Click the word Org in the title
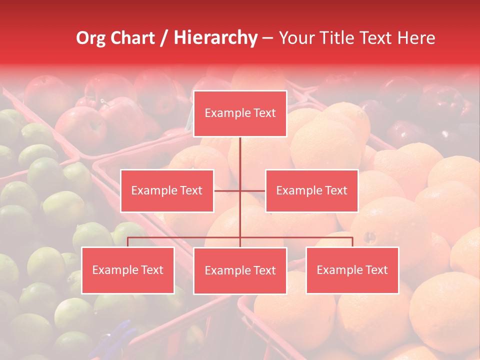point(90,38)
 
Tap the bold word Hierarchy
point(215,38)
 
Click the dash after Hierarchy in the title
point(268,38)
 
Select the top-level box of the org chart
point(240,113)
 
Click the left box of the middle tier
point(167,190)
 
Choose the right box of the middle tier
point(311,190)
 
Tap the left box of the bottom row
point(128,270)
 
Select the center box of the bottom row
point(240,270)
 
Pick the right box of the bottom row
point(352,270)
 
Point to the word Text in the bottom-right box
point(375,270)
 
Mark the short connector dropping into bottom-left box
point(128,242)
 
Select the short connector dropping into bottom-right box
point(352,242)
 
